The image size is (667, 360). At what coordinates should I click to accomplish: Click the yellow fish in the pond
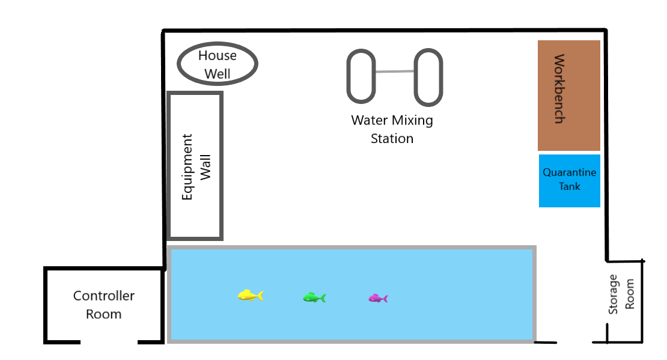coord(251,295)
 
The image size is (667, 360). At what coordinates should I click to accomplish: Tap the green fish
coord(314,297)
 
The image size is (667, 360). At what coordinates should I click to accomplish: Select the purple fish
coord(378,298)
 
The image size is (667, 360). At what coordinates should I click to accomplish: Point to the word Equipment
coord(187,167)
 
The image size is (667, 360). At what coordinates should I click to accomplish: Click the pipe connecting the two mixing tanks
coord(395,72)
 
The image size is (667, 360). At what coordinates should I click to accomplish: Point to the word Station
coord(392,139)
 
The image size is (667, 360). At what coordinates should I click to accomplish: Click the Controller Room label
coord(104,305)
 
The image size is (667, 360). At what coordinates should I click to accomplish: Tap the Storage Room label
coord(621,294)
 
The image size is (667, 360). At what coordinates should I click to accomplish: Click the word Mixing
coord(412,121)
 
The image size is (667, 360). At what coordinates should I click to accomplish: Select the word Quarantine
coord(569,172)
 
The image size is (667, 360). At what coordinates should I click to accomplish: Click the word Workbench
coord(559,89)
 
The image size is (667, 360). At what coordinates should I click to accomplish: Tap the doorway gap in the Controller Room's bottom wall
coord(109,342)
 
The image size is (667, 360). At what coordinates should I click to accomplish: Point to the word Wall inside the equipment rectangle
coord(206,167)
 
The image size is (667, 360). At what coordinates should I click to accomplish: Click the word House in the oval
coord(218,55)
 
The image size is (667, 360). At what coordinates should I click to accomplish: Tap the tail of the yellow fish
coord(260,295)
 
